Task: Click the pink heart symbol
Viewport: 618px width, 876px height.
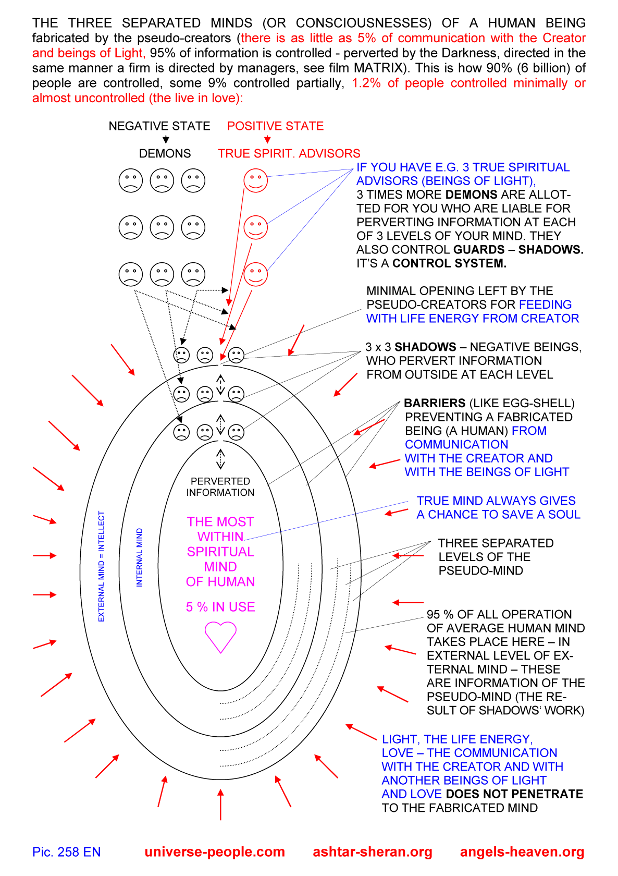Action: click(x=220, y=637)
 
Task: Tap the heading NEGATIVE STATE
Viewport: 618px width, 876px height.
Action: click(x=159, y=126)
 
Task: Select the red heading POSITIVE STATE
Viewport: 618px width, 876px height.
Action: click(x=275, y=126)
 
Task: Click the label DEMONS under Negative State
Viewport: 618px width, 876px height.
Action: click(x=165, y=154)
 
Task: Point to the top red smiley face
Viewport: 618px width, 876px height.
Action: click(x=255, y=181)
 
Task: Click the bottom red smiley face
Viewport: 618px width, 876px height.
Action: click(x=255, y=274)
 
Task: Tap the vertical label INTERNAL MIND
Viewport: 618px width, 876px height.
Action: click(x=139, y=557)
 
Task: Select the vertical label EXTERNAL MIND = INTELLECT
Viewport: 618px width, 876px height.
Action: click(x=102, y=566)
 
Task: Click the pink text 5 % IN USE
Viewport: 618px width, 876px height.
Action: click(x=220, y=607)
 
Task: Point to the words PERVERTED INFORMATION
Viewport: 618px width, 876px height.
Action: click(x=220, y=487)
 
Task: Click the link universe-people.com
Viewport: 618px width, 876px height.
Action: click(x=215, y=852)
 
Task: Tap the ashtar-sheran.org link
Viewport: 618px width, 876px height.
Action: click(x=373, y=852)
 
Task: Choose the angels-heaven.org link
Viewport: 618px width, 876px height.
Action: click(x=522, y=852)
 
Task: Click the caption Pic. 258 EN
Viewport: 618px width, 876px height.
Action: click(x=66, y=852)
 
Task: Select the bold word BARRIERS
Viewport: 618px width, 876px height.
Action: click(x=435, y=403)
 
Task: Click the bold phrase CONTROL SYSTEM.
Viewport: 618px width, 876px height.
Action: click(x=449, y=263)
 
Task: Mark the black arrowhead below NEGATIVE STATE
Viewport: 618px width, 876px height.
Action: click(x=166, y=140)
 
